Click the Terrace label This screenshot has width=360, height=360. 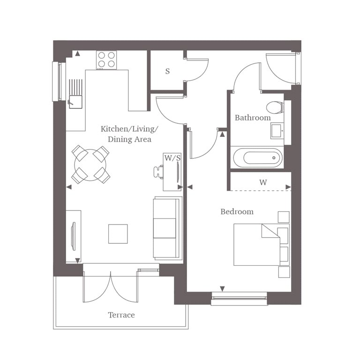(121, 315)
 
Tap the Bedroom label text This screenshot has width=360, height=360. (237, 212)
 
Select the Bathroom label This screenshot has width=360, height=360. (253, 118)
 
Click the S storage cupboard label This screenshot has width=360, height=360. (167, 72)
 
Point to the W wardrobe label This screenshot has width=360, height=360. (263, 182)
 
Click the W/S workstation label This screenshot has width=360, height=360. (172, 158)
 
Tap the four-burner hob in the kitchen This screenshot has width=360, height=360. (106, 60)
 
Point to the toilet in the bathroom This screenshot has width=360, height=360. (274, 107)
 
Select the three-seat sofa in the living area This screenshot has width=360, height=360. (166, 228)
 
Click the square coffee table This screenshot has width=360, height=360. (118, 234)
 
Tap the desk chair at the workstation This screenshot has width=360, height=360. (157, 172)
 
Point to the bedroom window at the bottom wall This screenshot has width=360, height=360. (239, 296)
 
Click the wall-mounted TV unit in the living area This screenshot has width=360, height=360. (74, 236)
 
